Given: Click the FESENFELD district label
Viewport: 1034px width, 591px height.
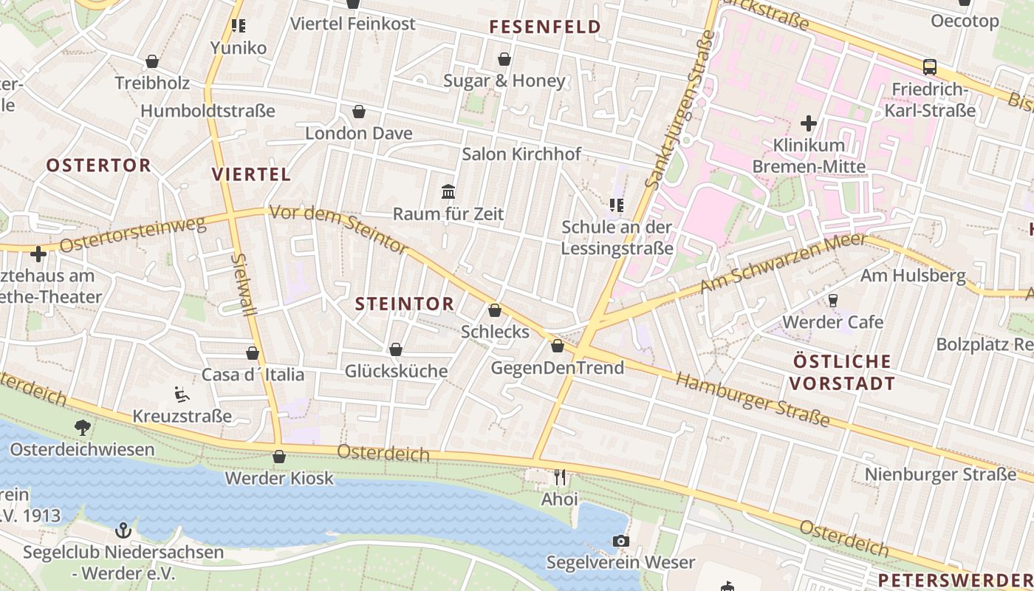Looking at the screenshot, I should pyautogui.click(x=545, y=27).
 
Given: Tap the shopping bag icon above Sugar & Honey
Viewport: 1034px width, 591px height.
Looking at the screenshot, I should pyautogui.click(x=504, y=59).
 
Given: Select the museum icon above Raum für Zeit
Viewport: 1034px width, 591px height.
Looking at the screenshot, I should pyautogui.click(x=448, y=192).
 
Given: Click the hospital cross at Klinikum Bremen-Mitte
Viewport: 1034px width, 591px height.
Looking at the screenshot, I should pyautogui.click(x=809, y=123).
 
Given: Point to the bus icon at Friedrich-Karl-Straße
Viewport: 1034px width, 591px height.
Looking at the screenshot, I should pyautogui.click(x=930, y=67).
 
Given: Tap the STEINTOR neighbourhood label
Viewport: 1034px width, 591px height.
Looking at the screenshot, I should pyautogui.click(x=404, y=304).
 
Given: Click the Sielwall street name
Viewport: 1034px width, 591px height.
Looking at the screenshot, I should pyautogui.click(x=244, y=284).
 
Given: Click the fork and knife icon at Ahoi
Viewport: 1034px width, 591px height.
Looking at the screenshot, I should pyautogui.click(x=560, y=477).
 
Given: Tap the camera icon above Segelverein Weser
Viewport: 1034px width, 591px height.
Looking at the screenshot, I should pyautogui.click(x=621, y=541).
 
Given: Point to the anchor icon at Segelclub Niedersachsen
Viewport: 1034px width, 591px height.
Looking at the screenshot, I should pyautogui.click(x=123, y=530).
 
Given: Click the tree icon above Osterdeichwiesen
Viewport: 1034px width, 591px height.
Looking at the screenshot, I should pyautogui.click(x=82, y=427).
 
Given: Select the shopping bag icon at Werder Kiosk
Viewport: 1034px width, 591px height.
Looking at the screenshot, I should pyautogui.click(x=279, y=457).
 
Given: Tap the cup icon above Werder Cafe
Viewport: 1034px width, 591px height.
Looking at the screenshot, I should pyautogui.click(x=833, y=300).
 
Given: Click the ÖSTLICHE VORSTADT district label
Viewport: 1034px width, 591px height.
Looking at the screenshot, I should pyautogui.click(x=842, y=372).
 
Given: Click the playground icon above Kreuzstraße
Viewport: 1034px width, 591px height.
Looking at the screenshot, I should pyautogui.click(x=181, y=394).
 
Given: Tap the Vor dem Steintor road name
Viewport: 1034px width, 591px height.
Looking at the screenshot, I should pyautogui.click(x=338, y=230).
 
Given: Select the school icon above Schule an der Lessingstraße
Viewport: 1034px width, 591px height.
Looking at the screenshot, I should pyautogui.click(x=617, y=205).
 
